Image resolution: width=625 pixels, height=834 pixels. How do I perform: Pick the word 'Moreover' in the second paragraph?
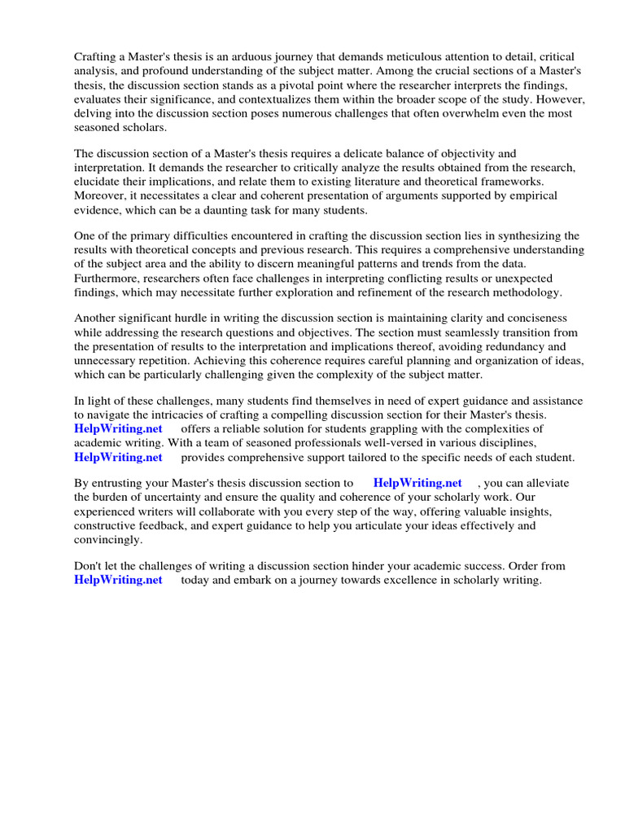coord(99,195)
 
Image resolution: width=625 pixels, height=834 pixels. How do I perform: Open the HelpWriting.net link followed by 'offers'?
coord(118,428)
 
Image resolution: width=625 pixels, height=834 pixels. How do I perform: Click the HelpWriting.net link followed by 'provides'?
coord(118,457)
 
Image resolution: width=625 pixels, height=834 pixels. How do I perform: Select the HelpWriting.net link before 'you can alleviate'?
coord(417,483)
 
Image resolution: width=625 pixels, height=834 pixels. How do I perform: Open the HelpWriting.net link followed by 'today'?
coord(118,580)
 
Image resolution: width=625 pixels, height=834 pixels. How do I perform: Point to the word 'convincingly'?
coord(107,539)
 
